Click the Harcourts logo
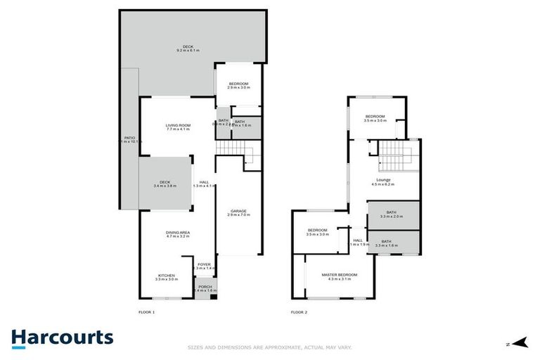(62, 337)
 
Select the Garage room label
(238, 212)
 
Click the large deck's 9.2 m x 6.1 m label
(188, 51)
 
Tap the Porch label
(205, 288)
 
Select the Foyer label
(203, 266)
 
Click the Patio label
(129, 139)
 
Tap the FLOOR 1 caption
(147, 311)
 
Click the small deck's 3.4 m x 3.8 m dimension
(165, 187)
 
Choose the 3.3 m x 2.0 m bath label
(392, 216)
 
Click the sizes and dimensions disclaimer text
(269, 347)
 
